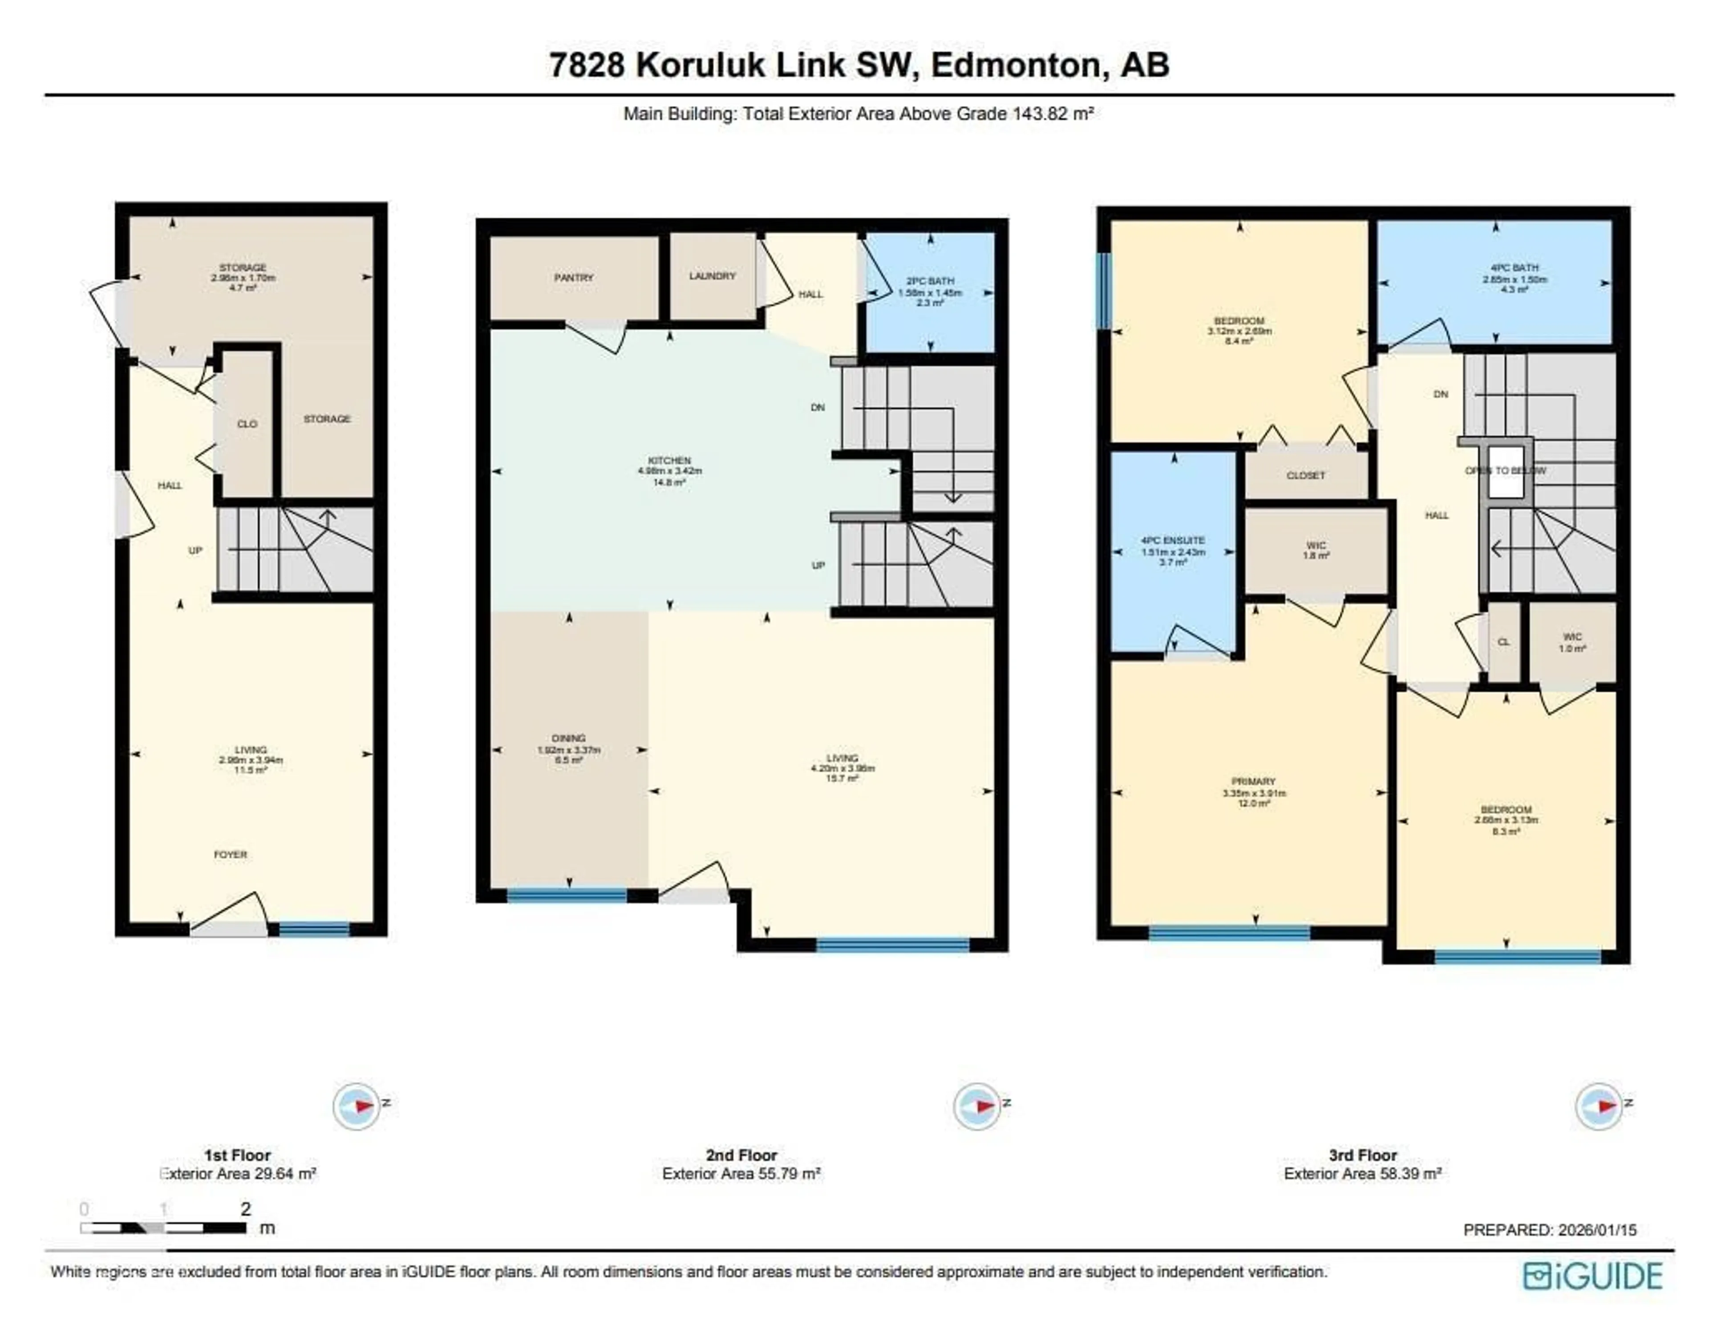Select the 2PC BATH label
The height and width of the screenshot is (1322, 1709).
(x=930, y=281)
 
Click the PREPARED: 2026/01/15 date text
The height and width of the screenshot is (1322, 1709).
(x=1549, y=1230)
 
